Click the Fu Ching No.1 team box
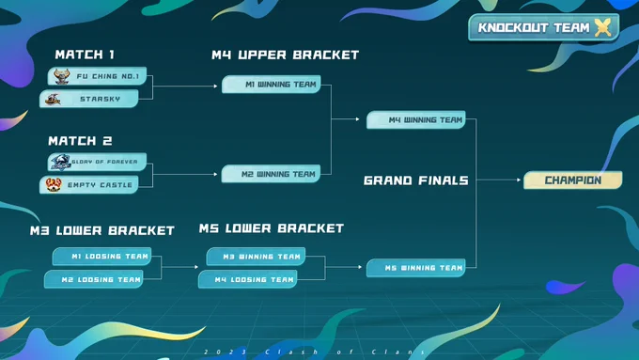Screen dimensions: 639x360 pos(97,76)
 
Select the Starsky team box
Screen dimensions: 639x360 pos(89,99)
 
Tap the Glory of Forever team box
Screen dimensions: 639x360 pos(97,162)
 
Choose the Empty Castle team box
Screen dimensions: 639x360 pos(89,184)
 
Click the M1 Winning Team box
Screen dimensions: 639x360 pos(272,85)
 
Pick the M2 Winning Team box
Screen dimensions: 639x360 pos(271,174)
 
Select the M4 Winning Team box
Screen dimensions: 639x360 pos(416,120)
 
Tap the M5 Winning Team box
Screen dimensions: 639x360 pos(416,268)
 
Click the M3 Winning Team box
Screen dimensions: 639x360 pos(256,257)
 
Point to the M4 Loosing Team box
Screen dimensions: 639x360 pos(248,280)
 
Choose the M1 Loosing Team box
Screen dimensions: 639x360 pos(101,257)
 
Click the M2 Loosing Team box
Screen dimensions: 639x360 pos(94,280)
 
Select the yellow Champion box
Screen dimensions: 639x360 pos(573,180)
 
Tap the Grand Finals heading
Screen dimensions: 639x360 pos(416,180)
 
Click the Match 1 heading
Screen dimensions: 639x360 pos(85,55)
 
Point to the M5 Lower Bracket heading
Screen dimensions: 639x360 pos(272,228)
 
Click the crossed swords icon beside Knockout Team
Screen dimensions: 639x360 pos(603,27)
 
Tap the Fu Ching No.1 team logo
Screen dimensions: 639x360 pos(62,76)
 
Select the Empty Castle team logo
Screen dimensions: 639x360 pos(54,184)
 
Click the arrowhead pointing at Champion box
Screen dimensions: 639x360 pos(519,180)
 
